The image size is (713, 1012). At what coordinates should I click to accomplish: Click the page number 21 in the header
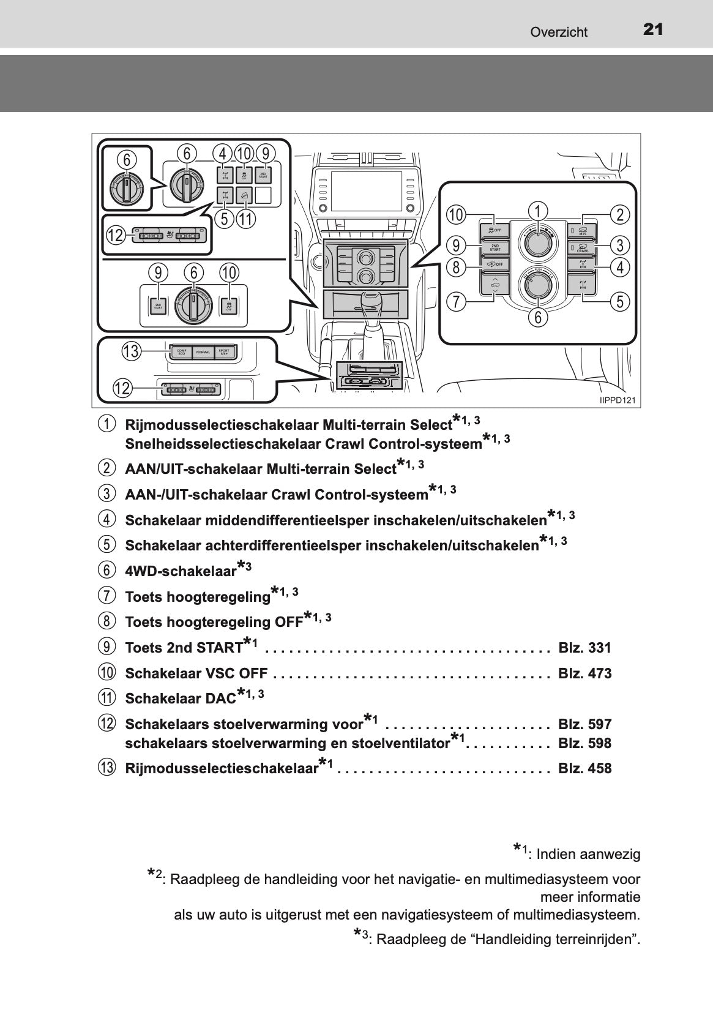tap(653, 29)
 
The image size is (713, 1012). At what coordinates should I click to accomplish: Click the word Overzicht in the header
tap(559, 32)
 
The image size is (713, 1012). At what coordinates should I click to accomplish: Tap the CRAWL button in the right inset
tap(582, 247)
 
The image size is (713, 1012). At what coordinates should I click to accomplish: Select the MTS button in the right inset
tap(582, 231)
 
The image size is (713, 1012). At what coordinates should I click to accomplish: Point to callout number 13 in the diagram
tap(131, 351)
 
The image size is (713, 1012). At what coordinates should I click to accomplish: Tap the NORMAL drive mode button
tap(203, 352)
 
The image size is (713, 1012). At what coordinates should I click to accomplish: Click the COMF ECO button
tap(181, 352)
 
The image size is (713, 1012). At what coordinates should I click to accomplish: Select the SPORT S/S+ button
tap(225, 352)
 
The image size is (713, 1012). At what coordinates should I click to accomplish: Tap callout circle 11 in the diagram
tap(245, 219)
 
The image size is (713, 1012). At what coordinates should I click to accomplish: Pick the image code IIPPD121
tap(617, 401)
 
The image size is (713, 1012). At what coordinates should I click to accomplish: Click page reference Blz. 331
tap(584, 648)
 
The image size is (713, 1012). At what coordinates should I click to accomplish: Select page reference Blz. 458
tap(584, 768)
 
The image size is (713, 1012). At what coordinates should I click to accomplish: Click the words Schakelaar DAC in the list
tap(180, 699)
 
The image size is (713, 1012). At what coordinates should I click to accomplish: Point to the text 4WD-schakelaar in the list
tap(181, 571)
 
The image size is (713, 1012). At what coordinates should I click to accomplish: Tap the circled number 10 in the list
tap(106, 673)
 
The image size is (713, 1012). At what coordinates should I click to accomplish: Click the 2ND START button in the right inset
tap(495, 247)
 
